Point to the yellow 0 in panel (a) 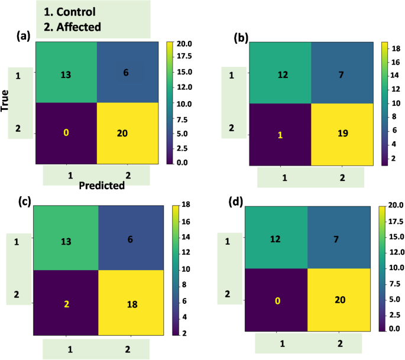[66, 134]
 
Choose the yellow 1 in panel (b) [280, 134]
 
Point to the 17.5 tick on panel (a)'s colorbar [186, 59]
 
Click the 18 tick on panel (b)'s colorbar [397, 53]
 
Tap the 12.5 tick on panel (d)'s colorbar [396, 251]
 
